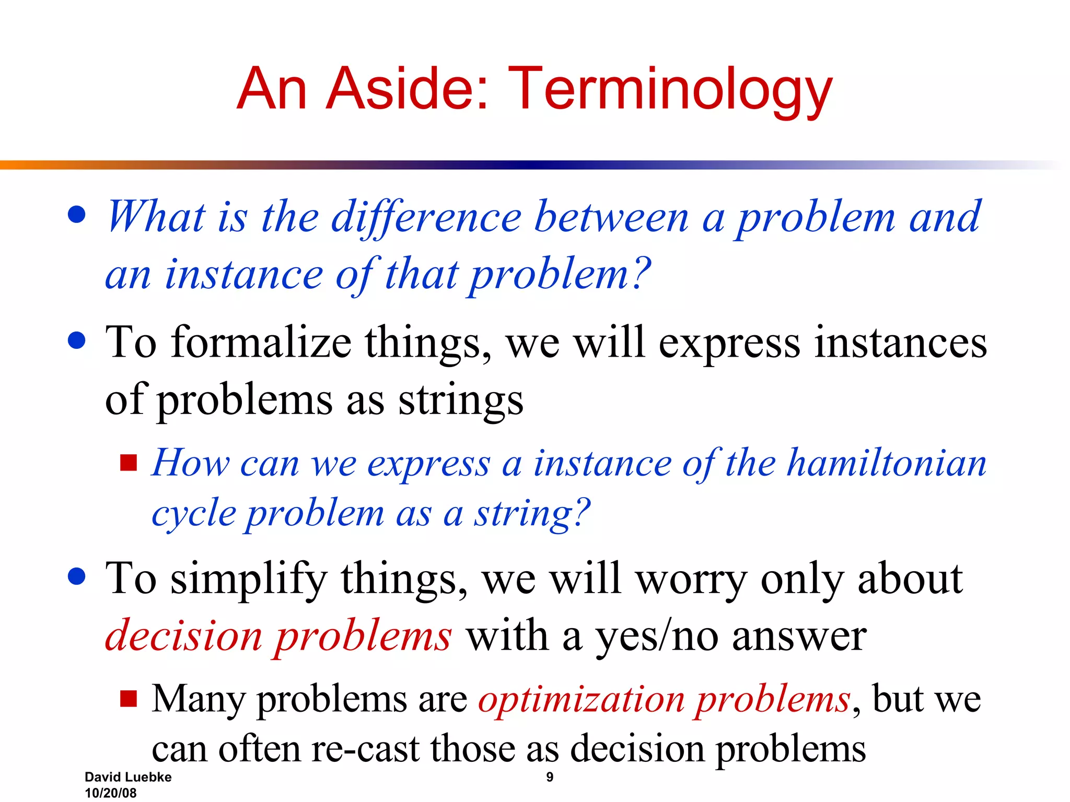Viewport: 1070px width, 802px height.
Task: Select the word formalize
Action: click(x=261, y=343)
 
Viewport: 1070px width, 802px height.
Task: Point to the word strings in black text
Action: click(x=460, y=401)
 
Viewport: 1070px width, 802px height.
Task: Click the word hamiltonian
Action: click(x=887, y=463)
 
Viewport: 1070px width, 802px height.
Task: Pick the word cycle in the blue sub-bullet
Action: click(x=194, y=514)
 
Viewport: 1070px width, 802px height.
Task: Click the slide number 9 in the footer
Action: click(x=550, y=777)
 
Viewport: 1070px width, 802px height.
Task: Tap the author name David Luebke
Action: click(x=128, y=777)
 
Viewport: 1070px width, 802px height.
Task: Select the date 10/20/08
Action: click(x=110, y=793)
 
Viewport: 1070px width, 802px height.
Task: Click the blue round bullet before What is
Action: click(x=77, y=214)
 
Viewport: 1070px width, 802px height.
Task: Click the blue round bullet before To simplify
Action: click(x=77, y=576)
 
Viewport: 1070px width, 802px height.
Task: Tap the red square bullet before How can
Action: click(x=128, y=463)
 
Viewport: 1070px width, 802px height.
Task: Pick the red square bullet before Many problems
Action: click(x=128, y=699)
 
